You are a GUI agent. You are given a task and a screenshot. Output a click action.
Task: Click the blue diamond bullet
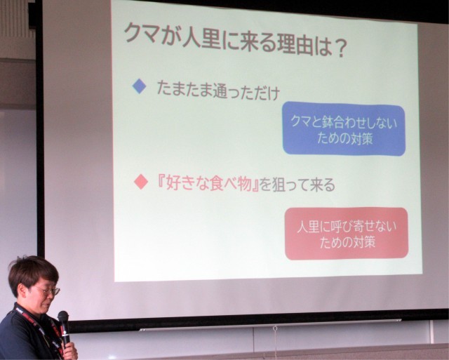point(140,86)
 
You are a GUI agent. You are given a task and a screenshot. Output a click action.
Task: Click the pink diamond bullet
point(141,182)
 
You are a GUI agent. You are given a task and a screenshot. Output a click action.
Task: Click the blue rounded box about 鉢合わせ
point(344,128)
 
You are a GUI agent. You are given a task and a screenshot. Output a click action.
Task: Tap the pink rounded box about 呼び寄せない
point(347,234)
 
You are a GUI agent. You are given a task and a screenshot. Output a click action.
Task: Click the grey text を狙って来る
point(297,185)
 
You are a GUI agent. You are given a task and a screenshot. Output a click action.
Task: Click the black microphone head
point(63,318)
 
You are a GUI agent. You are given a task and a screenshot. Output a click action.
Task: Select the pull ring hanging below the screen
point(275,328)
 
